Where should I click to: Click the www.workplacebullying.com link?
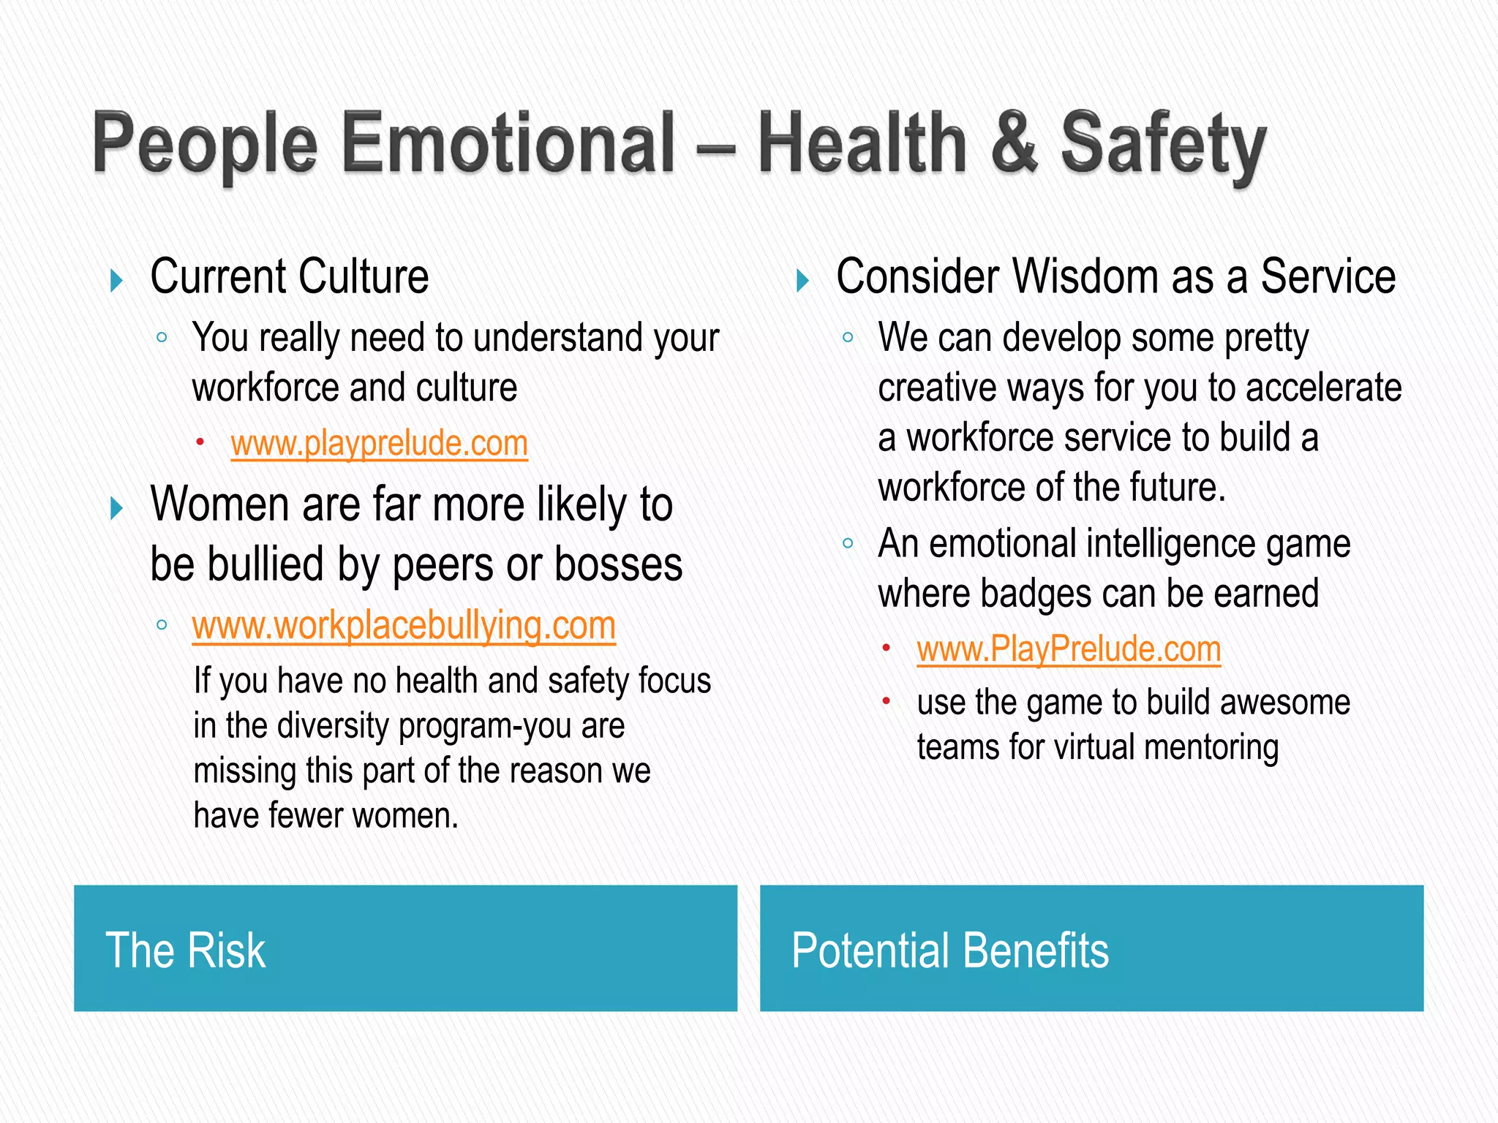[x=404, y=626]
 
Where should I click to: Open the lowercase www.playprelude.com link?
[x=379, y=444]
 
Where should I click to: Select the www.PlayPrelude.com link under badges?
[x=1069, y=649]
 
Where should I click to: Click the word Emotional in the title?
[x=508, y=143]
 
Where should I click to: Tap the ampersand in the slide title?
[x=1015, y=143]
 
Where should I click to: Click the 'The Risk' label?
[x=186, y=950]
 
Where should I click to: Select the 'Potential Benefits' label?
[x=950, y=950]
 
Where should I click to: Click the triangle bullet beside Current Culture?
[x=116, y=280]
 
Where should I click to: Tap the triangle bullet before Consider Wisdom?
[x=802, y=280]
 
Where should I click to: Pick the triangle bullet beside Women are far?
[x=116, y=508]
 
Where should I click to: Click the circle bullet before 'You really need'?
[x=162, y=338]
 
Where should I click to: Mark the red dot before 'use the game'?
[x=886, y=701]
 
